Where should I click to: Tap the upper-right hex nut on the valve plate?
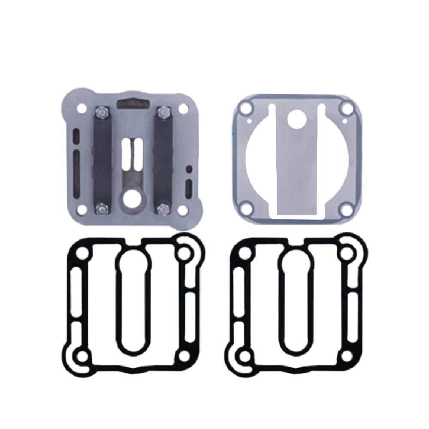pyautogui.click(x=162, y=112)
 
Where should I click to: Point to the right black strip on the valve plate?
pyautogui.click(x=163, y=161)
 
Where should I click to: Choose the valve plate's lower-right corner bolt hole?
pyautogui.click(x=183, y=210)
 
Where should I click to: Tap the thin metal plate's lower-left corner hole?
pyautogui.click(x=246, y=210)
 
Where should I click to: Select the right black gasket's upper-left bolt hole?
pyautogui.click(x=243, y=254)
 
